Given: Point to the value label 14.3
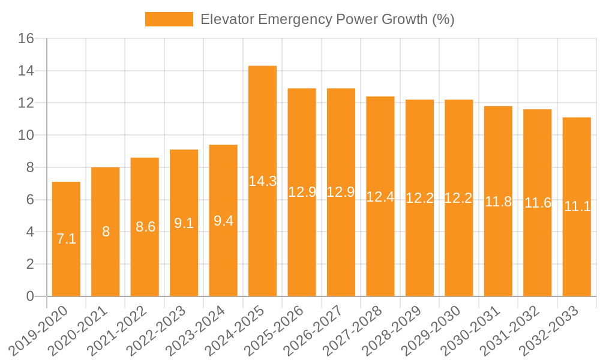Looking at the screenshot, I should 262,181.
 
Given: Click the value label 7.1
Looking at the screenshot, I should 66,239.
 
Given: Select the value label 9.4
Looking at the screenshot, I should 223,221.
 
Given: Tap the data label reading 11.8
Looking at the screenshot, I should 498,202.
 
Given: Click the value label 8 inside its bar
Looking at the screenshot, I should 106,232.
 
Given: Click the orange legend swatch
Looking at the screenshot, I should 169,19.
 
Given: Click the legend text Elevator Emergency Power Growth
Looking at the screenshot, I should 327,19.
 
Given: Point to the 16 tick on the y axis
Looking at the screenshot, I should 26,39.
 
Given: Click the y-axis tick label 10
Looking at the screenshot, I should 26,136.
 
